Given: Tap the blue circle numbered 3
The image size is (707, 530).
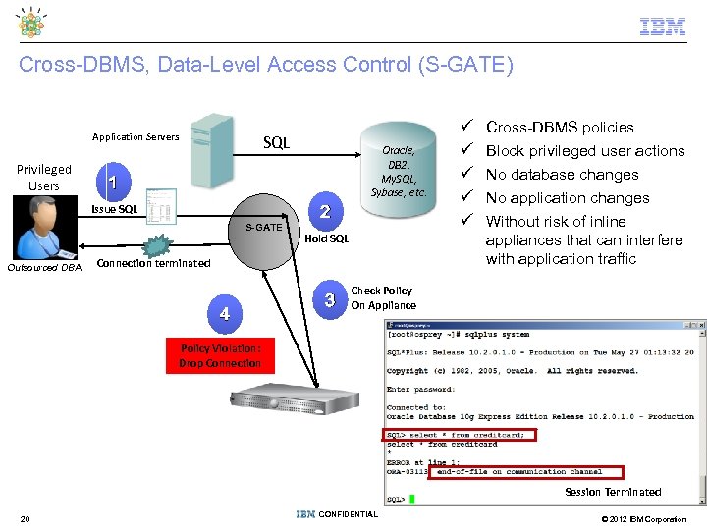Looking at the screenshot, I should coord(331,297).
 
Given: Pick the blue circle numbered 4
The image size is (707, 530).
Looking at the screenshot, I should coord(225,313).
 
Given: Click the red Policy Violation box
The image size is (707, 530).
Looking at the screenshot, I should coord(220,355).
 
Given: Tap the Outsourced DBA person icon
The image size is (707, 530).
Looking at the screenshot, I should coord(43,228).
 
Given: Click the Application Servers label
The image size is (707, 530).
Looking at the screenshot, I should coord(136,136).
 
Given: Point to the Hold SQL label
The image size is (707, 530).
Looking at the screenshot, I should coord(326,238).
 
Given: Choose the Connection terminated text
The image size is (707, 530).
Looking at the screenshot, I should coord(153,263).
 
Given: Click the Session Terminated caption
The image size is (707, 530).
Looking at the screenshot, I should coord(613,492).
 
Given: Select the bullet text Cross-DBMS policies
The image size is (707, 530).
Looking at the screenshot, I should coord(560,127).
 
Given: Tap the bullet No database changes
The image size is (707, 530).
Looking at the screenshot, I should coord(562,174).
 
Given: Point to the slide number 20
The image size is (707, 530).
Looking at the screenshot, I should coord(25,518).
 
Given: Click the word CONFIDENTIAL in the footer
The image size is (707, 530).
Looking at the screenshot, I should coord(349,514).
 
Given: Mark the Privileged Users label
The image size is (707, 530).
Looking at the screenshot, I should coord(44,177).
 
